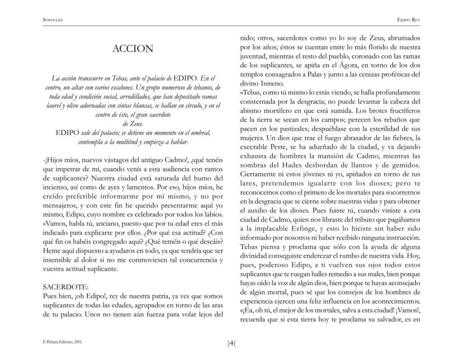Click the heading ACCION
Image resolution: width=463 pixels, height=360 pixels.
[x=133, y=49]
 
